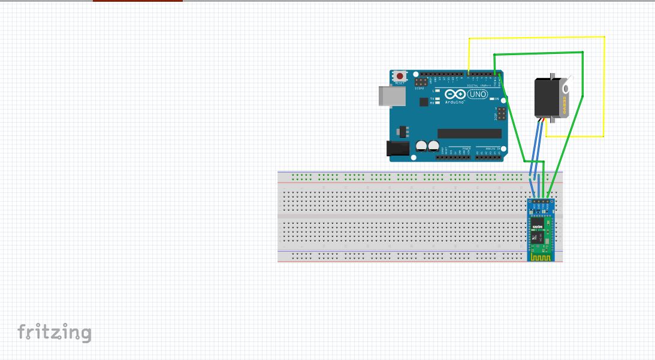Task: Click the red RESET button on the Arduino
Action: (x=399, y=77)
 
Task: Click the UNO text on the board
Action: (x=477, y=95)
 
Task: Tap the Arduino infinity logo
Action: (x=455, y=95)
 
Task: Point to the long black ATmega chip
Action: (x=469, y=133)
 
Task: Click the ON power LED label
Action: (x=497, y=98)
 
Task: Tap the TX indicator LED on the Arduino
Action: (x=437, y=98)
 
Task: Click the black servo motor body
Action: (x=548, y=99)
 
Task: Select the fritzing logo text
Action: (x=55, y=332)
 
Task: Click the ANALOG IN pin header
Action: (x=490, y=157)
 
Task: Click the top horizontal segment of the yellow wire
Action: (x=536, y=38)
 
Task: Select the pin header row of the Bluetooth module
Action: (x=542, y=199)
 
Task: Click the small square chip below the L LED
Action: (x=424, y=102)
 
